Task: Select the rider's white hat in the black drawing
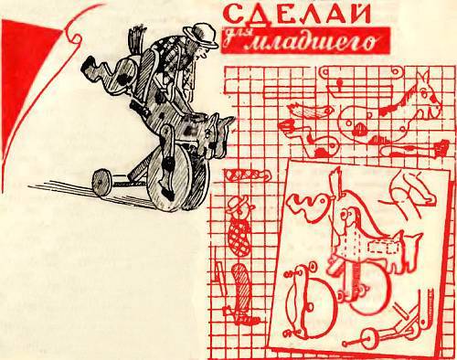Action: pos(194,33)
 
